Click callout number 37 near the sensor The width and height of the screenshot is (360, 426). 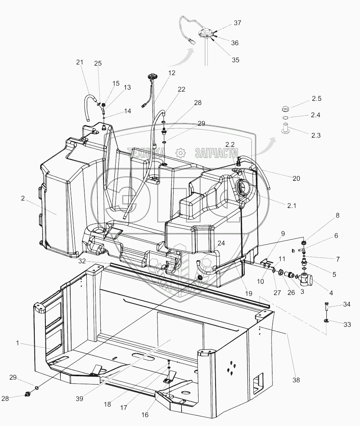pyautogui.click(x=237, y=23)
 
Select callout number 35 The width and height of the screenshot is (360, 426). pyautogui.click(x=236, y=60)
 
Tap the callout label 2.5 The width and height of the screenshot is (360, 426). pyautogui.click(x=316, y=98)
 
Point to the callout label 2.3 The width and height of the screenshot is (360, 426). pyautogui.click(x=316, y=135)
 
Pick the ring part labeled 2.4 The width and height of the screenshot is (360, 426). pyautogui.click(x=285, y=118)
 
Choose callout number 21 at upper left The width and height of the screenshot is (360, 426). pyautogui.click(x=80, y=62)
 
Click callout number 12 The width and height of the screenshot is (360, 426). pyautogui.click(x=171, y=73)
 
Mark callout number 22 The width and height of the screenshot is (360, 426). pyautogui.click(x=181, y=90)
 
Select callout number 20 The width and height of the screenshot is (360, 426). pyautogui.click(x=296, y=178)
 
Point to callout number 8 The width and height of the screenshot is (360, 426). pyautogui.click(x=337, y=216)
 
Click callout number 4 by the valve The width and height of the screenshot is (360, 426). pyautogui.click(x=331, y=293)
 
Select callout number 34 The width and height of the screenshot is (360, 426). pyautogui.click(x=346, y=304)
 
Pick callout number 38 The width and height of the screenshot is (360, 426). pyautogui.click(x=296, y=380)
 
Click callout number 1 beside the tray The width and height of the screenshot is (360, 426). pyautogui.click(x=17, y=343)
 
